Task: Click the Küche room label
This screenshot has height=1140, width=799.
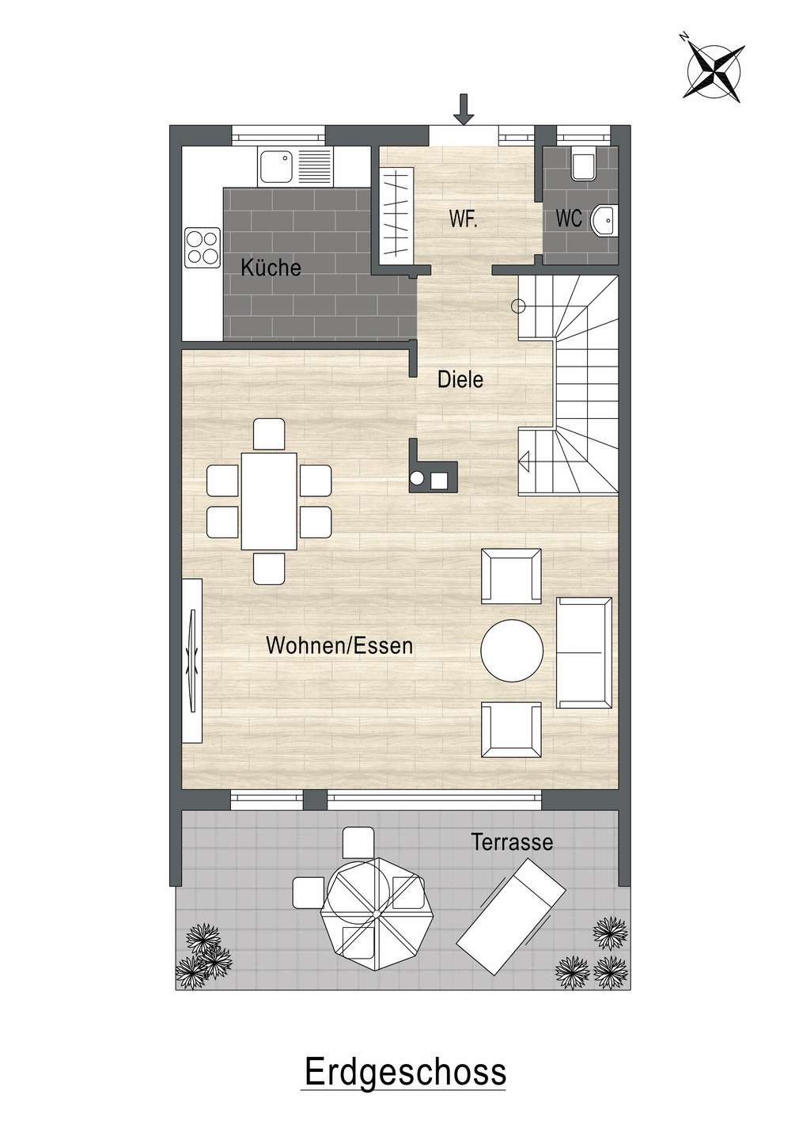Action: [x=271, y=268]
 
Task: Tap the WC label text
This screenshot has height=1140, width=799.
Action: [x=569, y=218]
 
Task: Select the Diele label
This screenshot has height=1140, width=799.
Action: [x=460, y=379]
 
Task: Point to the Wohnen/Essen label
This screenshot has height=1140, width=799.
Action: [x=339, y=646]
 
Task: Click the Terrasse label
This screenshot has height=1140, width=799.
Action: [x=512, y=842]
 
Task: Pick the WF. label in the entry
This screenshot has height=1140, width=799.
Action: [x=463, y=218]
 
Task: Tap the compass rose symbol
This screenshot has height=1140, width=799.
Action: [x=713, y=70]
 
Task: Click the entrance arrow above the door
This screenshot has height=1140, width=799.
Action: [x=463, y=109]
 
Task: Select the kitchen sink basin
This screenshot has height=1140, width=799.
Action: [x=277, y=166]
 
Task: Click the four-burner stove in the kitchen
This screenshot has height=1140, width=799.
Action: [x=203, y=248]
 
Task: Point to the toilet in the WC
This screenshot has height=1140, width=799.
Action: [x=583, y=164]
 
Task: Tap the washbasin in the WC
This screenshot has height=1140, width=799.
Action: [x=603, y=220]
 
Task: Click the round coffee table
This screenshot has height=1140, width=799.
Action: [x=512, y=650]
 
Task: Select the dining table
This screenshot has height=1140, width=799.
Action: [x=269, y=501]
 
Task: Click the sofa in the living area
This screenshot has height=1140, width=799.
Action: [x=584, y=652]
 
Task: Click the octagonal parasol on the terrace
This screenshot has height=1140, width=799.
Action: [x=377, y=915]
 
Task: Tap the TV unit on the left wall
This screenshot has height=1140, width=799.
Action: [x=193, y=660]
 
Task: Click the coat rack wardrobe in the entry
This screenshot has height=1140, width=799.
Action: [x=396, y=214]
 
